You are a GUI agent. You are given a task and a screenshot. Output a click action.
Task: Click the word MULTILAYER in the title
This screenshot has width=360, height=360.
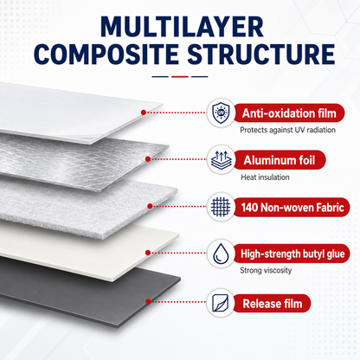point(182,27)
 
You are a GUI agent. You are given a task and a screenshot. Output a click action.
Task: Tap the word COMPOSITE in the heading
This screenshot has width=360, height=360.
point(106,55)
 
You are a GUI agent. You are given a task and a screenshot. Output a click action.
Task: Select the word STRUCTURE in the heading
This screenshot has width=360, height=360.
point(261,55)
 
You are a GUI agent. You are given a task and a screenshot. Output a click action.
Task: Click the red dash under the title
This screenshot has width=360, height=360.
point(180,77)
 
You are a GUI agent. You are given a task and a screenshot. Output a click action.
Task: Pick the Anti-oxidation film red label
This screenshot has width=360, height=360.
point(289,113)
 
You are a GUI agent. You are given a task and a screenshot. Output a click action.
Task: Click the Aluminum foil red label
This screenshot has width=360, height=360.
point(280,160)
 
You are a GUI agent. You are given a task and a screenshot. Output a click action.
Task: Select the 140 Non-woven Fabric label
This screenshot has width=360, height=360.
point(292,207)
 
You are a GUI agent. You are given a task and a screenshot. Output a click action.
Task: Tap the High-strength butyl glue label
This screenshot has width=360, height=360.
point(292,254)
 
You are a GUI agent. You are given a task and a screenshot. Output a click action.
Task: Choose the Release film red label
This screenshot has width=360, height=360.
point(272,303)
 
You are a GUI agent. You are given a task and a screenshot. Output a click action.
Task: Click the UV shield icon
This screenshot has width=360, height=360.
point(221,112)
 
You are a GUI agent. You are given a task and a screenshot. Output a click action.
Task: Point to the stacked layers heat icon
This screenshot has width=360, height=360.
point(221,160)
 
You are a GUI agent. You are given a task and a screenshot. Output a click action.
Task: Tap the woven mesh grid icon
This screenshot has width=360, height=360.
point(221,207)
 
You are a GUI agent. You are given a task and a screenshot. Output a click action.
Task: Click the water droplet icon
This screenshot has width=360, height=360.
point(221,254)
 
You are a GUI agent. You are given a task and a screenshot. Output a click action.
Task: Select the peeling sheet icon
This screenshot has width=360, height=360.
point(221,303)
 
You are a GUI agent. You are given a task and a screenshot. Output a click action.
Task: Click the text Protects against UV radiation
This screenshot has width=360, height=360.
point(287,130)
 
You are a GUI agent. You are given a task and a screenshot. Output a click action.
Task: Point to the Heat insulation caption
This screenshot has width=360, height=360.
point(265,177)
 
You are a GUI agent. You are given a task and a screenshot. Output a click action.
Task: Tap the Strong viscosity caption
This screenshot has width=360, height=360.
point(266,270)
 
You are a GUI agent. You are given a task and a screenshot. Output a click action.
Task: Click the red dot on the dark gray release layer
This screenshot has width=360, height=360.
point(148,301)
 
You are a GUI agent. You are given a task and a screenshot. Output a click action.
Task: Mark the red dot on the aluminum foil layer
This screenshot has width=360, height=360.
point(148,159)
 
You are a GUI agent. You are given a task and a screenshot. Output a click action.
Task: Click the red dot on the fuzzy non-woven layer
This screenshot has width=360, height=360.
point(150,206)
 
